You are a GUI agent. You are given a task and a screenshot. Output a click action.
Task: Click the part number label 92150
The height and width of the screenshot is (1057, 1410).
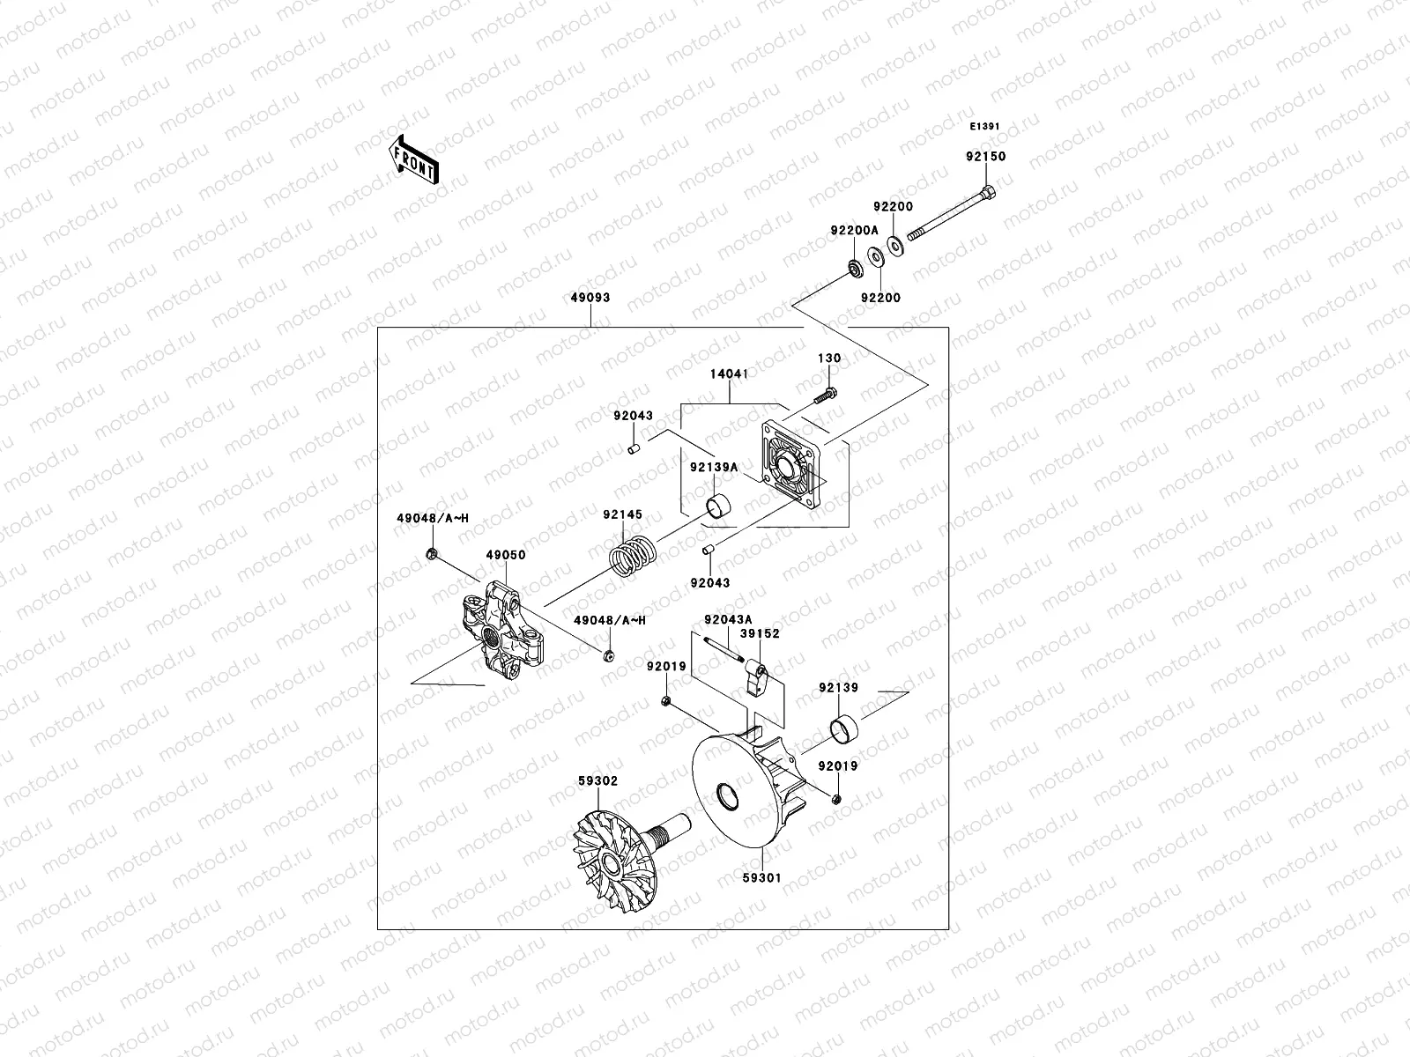(x=984, y=156)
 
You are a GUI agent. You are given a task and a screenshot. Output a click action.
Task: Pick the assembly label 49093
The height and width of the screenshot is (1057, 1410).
(x=590, y=298)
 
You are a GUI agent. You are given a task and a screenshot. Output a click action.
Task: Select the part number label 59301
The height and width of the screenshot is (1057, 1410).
(x=761, y=878)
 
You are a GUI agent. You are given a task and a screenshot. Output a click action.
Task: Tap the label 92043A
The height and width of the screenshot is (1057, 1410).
(x=727, y=619)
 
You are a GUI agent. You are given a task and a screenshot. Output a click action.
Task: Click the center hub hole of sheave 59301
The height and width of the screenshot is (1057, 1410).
(x=728, y=798)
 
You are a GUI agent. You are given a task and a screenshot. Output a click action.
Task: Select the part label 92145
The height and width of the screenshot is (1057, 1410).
(x=622, y=514)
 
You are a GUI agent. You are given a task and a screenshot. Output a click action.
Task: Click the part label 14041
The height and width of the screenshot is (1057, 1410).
(x=729, y=373)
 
